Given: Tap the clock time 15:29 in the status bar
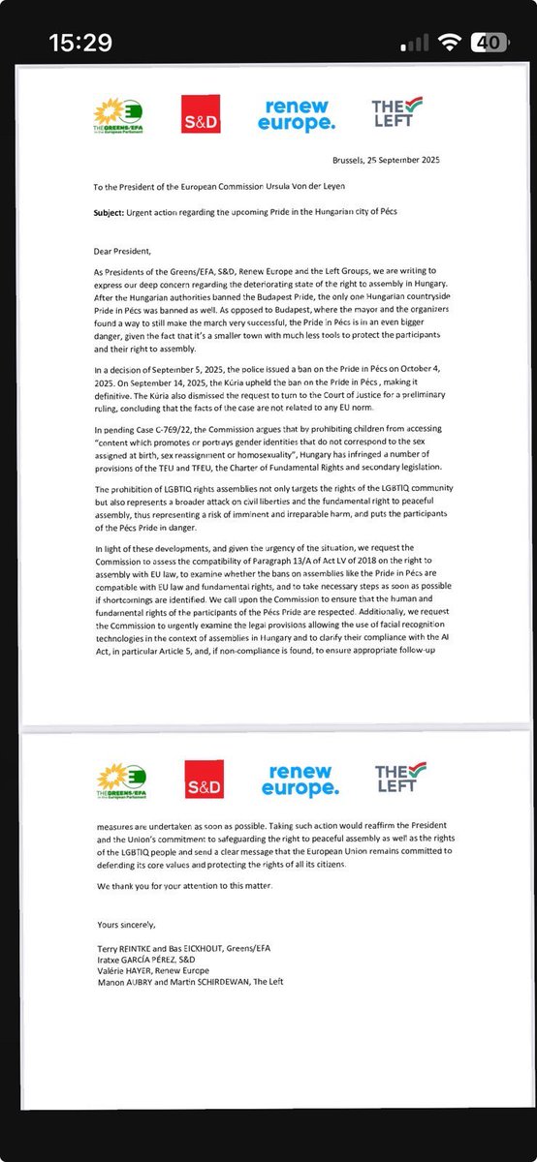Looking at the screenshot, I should click(x=82, y=43).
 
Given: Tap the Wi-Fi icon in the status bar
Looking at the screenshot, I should click(x=449, y=43).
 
